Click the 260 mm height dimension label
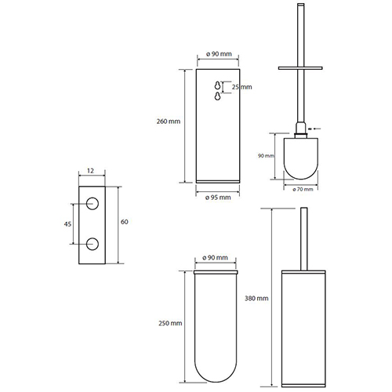pyautogui.click(x=169, y=122)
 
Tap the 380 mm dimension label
pyautogui.click(x=256, y=298)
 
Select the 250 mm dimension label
pyautogui.click(x=170, y=323)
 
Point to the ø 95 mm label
pyautogui.click(x=218, y=198)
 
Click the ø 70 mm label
pyautogui.click(x=303, y=189)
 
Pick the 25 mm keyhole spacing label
pyautogui.click(x=241, y=87)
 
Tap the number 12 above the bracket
pyautogui.click(x=90, y=171)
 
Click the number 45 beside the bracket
pyautogui.click(x=67, y=224)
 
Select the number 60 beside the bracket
pyautogui.click(x=124, y=222)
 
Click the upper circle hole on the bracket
pyautogui.click(x=93, y=204)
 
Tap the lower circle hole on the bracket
pyautogui.click(x=93, y=244)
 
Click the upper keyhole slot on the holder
pyautogui.click(x=217, y=85)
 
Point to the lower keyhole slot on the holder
pyautogui.click(x=217, y=96)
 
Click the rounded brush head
pyautogui.click(x=301, y=158)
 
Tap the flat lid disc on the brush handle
pyautogui.click(x=300, y=68)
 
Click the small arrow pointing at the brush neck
pyautogui.click(x=314, y=129)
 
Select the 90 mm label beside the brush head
pyautogui.click(x=266, y=156)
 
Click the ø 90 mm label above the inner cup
pyautogui.click(x=216, y=258)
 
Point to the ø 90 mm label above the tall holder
pyautogui.click(x=219, y=54)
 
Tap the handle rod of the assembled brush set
pyautogui.click(x=303, y=239)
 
